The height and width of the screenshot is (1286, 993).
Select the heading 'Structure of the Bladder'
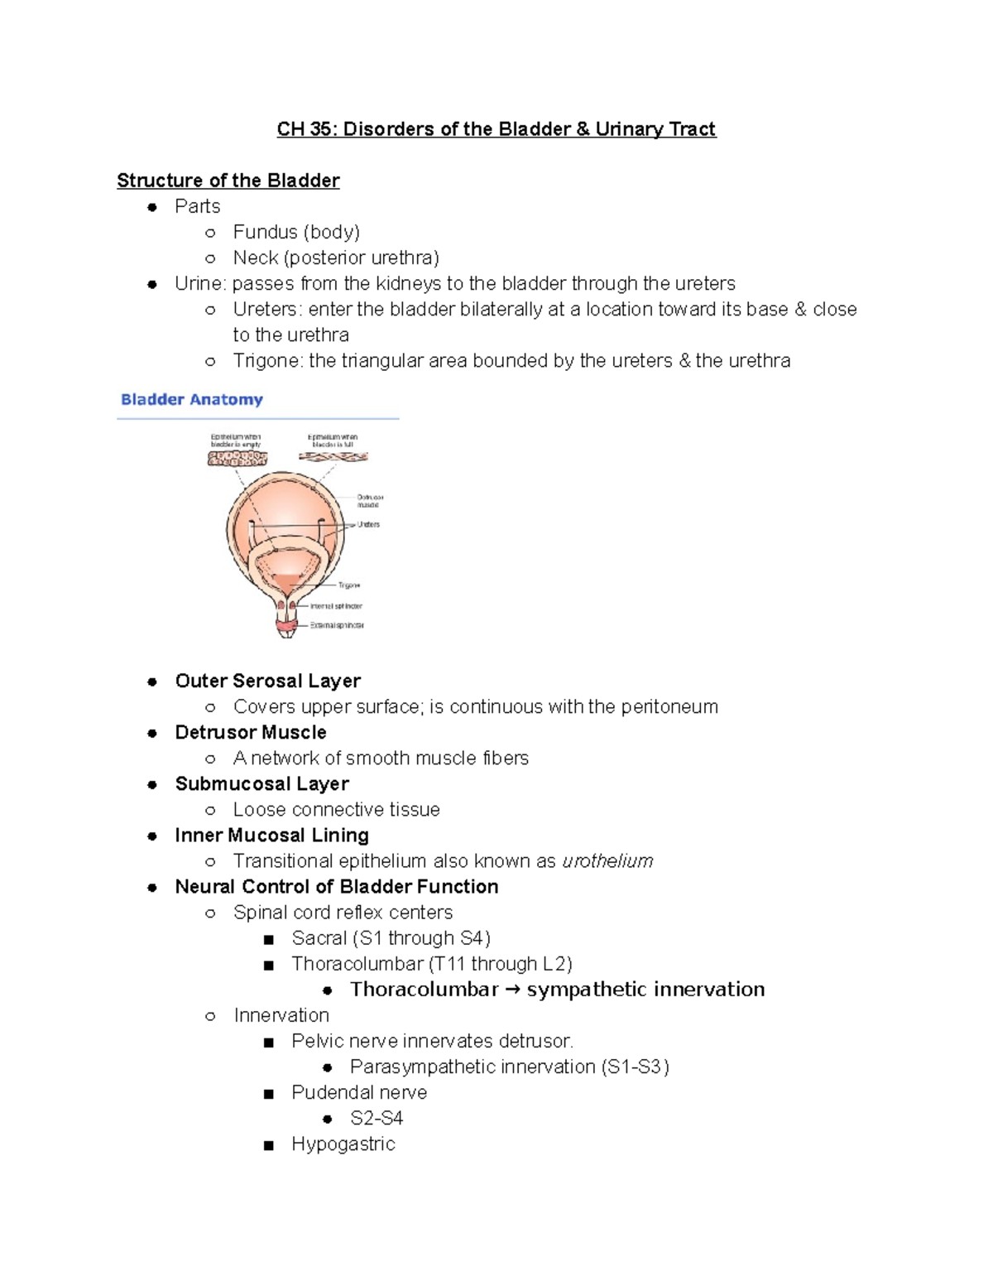[228, 181]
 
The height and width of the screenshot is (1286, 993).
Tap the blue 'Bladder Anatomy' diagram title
[191, 399]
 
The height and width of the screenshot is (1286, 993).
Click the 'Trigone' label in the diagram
[348, 585]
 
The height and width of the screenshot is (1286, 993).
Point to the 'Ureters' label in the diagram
[368, 524]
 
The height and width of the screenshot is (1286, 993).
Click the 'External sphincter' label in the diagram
[337, 625]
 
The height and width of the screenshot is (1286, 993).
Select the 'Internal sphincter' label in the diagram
[336, 606]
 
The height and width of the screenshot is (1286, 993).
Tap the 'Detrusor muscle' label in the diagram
[369, 501]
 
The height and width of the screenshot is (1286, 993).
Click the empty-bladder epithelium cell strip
[237, 458]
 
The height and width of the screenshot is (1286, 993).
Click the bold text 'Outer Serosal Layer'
[267, 681]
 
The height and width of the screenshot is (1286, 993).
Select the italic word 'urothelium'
[607, 861]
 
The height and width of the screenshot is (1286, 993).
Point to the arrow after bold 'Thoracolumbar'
[512, 990]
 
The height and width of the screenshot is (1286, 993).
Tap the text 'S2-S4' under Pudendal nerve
[377, 1118]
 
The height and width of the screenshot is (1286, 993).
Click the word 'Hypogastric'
[343, 1144]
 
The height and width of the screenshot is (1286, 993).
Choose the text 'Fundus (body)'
[296, 232]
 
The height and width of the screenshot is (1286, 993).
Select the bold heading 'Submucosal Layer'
[261, 783]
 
